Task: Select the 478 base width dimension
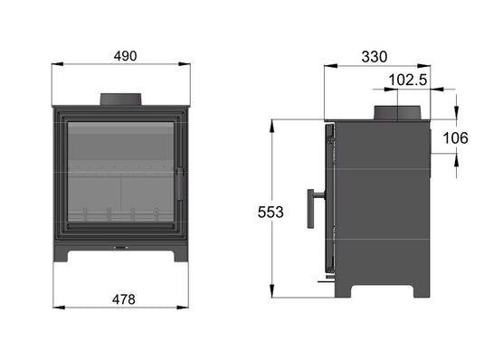click(x=120, y=298)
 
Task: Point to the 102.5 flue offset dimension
click(x=407, y=80)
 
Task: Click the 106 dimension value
click(x=457, y=137)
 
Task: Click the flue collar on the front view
click(x=119, y=98)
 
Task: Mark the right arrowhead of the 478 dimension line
click(x=185, y=308)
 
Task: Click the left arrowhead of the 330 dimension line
click(x=328, y=65)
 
